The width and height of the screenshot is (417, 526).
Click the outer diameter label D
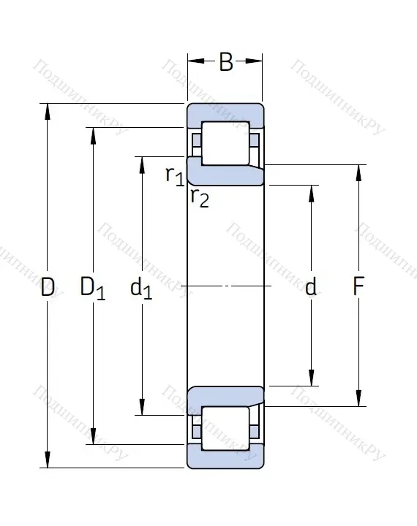point(48,288)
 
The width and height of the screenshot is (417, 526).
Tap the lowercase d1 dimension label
point(141,289)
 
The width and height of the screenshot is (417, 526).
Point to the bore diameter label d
point(311,288)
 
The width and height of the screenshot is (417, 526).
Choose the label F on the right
point(358,287)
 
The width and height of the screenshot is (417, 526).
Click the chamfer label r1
point(173,175)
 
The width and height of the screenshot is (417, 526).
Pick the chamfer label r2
point(199,197)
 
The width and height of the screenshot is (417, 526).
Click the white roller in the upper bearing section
point(225,142)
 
